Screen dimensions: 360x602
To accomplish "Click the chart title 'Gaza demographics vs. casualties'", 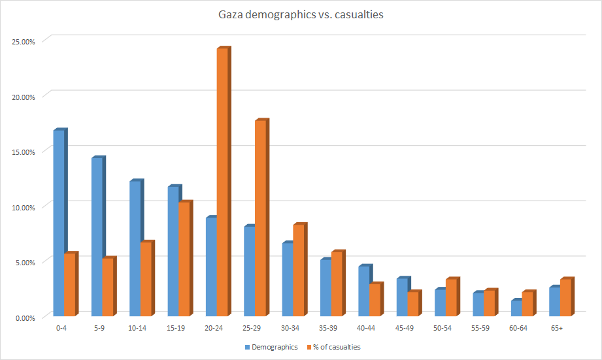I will [301, 14].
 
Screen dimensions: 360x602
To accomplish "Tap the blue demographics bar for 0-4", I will [59, 222].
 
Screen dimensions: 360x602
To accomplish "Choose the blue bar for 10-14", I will [135, 248].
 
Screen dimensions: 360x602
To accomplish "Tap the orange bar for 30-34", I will [298, 269].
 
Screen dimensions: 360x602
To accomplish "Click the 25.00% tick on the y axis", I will [24, 41].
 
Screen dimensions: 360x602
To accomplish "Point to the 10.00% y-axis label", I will [24, 207].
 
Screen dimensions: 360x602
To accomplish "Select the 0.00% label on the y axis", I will [25, 318].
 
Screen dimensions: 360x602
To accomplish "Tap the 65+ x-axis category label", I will [557, 328].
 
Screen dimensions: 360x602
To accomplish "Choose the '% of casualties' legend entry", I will [337, 347].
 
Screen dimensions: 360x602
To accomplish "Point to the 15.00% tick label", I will [24, 152].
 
